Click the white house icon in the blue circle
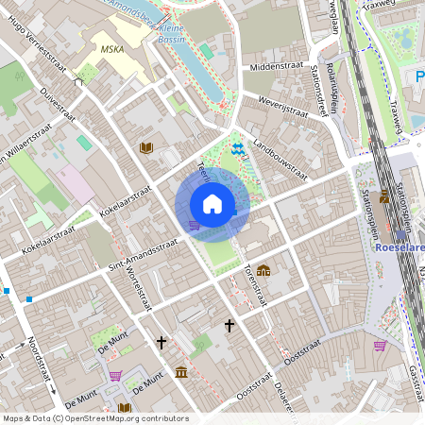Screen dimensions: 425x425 click(212, 203)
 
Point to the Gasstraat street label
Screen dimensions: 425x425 click(413, 378)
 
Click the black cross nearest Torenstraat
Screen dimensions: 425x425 click(229, 325)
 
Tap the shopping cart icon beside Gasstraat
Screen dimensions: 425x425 click(380, 346)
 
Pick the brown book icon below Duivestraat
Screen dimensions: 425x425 click(145, 148)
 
